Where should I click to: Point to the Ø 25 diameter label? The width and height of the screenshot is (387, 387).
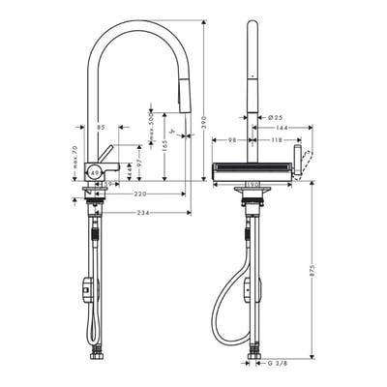(272, 117)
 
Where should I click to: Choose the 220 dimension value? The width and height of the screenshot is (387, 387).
(142, 193)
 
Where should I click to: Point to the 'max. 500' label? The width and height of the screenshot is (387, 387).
(151, 125)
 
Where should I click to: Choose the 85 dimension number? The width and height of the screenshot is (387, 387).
(101, 128)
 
